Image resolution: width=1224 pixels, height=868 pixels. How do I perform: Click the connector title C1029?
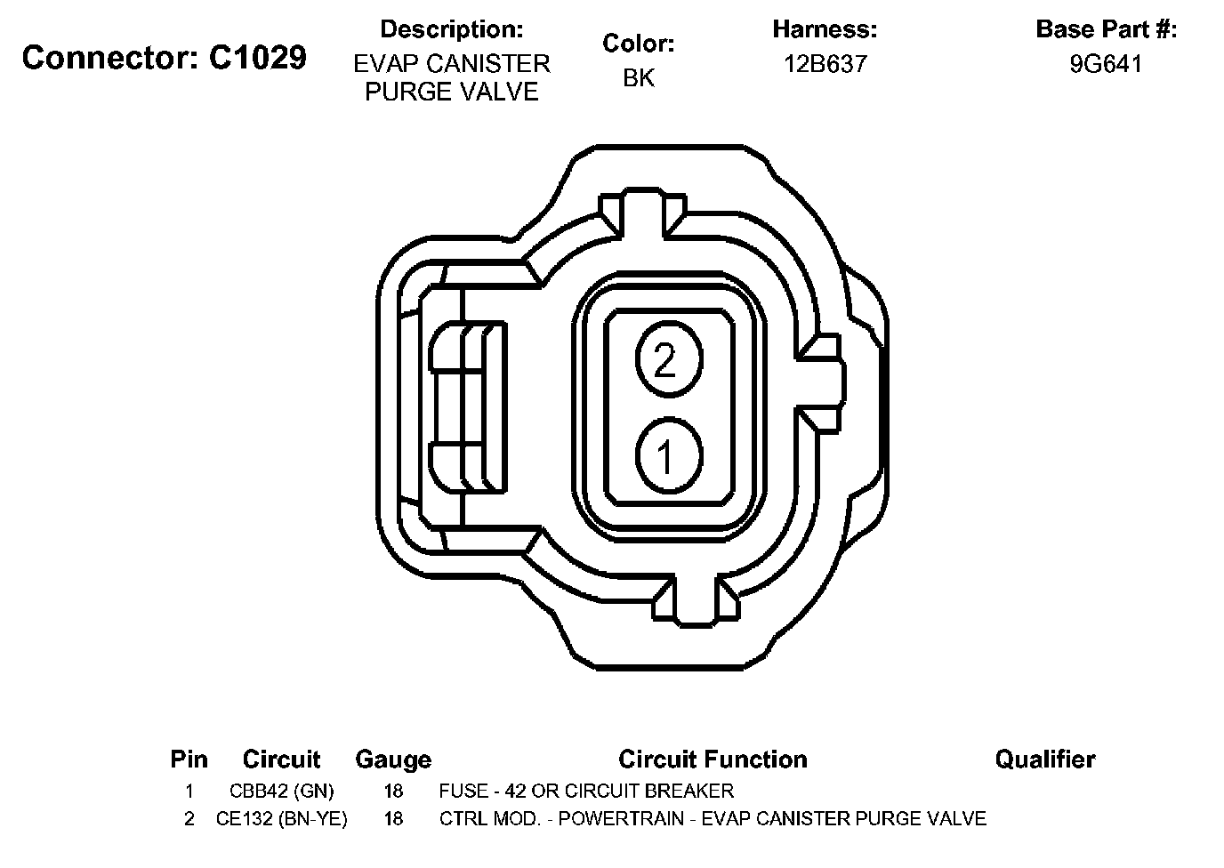click(257, 57)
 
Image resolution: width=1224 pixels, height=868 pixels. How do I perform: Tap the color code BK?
click(638, 77)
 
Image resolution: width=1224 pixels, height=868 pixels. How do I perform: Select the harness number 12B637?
click(825, 64)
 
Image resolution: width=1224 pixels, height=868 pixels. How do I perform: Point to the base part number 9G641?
click(1106, 64)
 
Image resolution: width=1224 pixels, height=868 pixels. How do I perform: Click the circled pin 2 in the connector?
click(669, 359)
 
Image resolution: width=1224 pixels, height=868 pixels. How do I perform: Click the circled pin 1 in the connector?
click(669, 455)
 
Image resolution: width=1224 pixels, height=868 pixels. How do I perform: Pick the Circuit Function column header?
click(713, 759)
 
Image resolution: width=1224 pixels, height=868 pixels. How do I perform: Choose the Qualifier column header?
click(1045, 759)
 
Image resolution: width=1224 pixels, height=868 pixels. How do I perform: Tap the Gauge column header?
click(393, 759)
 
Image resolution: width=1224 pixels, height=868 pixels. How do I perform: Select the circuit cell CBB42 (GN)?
click(281, 791)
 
